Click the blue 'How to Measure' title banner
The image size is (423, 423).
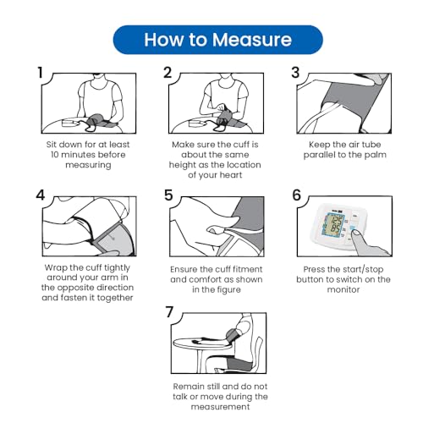tap(217, 40)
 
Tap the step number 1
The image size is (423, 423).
tap(41, 73)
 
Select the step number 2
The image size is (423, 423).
tap(168, 73)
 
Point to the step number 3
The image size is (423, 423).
tap(295, 73)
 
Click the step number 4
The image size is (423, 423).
tap(41, 195)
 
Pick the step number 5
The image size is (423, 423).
tap(168, 195)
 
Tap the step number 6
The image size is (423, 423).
tap(296, 195)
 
